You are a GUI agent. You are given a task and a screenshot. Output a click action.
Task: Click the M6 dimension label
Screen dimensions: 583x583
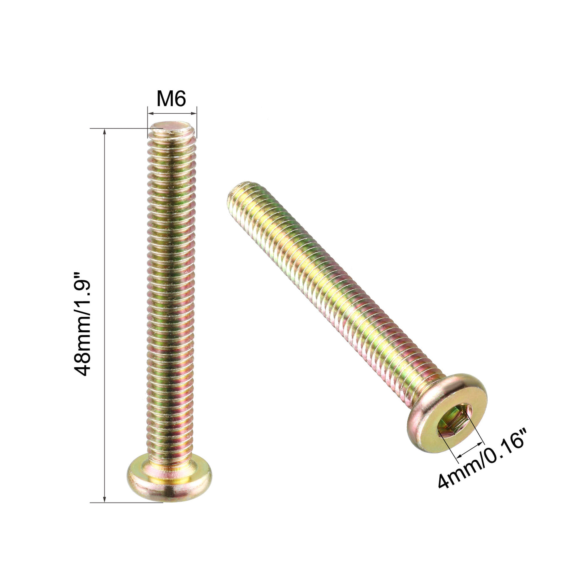[x=171, y=99]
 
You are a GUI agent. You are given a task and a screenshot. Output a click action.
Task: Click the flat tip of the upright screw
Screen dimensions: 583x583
[x=172, y=125]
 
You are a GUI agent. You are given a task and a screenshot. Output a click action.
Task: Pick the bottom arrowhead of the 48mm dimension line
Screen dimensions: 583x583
[x=105, y=499]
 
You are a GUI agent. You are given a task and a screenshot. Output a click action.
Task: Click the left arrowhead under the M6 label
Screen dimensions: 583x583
[x=150, y=112]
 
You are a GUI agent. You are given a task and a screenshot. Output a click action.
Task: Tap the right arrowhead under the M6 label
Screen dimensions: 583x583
[x=193, y=112]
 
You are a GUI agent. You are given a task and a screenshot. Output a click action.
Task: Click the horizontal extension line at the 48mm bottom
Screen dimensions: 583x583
[x=125, y=502]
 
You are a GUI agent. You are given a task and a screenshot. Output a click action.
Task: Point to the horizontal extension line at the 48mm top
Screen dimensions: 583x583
[x=121, y=128]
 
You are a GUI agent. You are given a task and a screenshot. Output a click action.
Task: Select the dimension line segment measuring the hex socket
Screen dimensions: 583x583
[x=471, y=451]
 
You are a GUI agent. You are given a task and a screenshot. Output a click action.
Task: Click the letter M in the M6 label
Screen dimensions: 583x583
[x=164, y=99]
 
